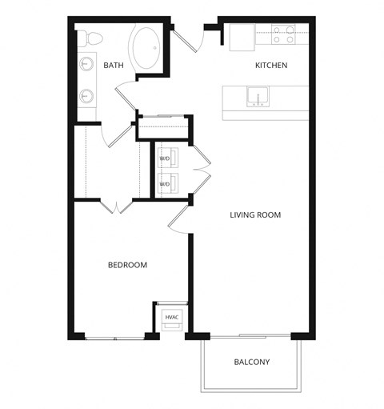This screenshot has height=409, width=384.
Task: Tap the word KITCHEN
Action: click(271, 65)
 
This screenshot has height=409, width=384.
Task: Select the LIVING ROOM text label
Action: click(255, 215)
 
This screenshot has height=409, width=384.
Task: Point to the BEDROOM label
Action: click(127, 265)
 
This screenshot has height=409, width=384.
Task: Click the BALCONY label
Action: click(252, 362)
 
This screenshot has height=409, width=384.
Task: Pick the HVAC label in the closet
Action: click(172, 318)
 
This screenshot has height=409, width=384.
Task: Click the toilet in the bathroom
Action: click(92, 38)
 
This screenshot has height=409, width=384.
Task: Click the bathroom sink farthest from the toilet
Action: click(86, 96)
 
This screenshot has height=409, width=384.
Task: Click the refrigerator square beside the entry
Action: click(242, 37)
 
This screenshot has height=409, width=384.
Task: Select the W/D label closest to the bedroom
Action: click(165, 184)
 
